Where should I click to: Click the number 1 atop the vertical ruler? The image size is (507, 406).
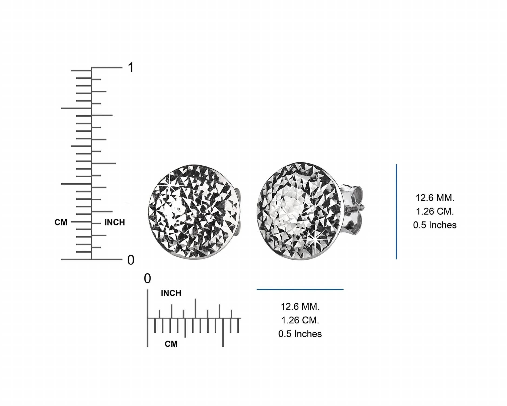pyautogui.click(x=131, y=67)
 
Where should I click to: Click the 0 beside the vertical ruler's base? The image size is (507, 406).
pyautogui.click(x=131, y=260)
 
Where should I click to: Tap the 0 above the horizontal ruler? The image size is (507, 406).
pyautogui.click(x=147, y=279)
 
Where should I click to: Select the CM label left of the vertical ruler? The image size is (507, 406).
pyautogui.click(x=61, y=222)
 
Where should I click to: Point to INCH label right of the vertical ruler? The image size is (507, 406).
pyautogui.click(x=115, y=222)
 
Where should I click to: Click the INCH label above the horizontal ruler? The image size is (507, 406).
pyautogui.click(x=171, y=293)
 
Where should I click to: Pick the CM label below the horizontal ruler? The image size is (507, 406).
pyautogui.click(x=171, y=344)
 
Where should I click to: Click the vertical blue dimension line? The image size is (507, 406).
pyautogui.click(x=396, y=212)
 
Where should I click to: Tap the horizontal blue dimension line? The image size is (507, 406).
pyautogui.click(x=300, y=289)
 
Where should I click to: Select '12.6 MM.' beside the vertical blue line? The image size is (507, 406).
pyautogui.click(x=435, y=198)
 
